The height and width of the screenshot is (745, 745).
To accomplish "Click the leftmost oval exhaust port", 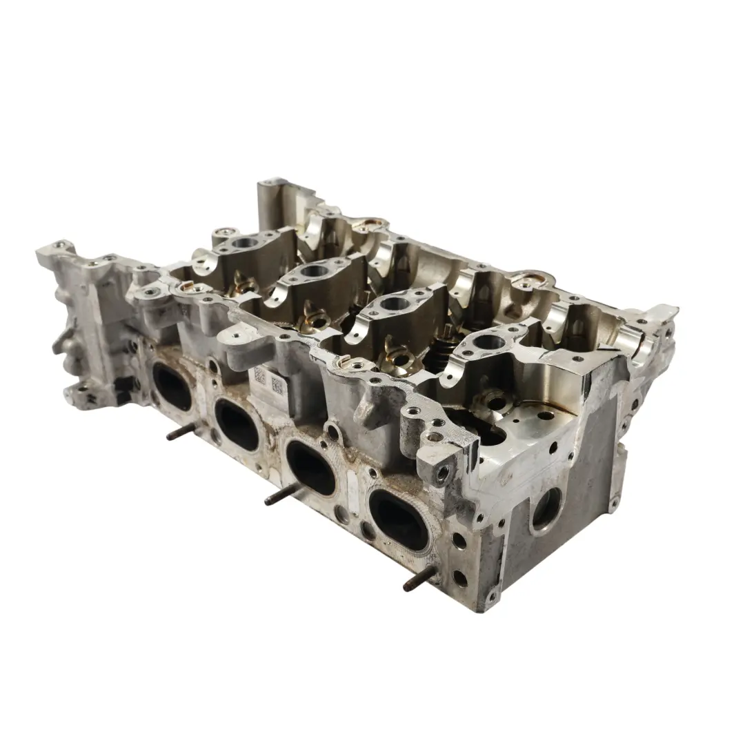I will click(x=172, y=385).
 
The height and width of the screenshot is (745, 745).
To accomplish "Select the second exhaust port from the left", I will click(x=237, y=423).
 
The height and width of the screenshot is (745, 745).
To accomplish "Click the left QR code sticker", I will click(x=260, y=376).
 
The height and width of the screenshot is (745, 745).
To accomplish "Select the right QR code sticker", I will click(x=278, y=384).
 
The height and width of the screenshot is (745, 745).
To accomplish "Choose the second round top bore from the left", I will click(x=312, y=271).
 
